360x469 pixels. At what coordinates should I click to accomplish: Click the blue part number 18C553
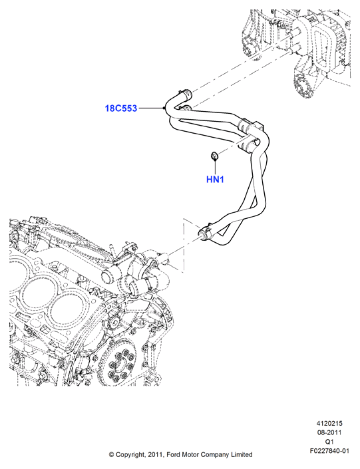tap(121, 108)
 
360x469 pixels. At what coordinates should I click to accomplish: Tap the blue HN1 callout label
tap(215, 180)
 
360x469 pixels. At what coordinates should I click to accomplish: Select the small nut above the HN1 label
tap(214, 156)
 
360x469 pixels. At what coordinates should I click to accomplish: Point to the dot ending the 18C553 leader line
tap(164, 108)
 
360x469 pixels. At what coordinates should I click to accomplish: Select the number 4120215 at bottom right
tap(329, 423)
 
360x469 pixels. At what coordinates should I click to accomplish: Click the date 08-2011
tap(329, 432)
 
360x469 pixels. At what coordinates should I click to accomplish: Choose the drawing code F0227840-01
tap(329, 450)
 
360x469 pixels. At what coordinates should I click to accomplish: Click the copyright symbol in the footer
tap(111, 454)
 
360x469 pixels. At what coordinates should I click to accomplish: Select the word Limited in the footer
tap(242, 454)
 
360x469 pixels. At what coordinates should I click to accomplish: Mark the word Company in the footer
tap(214, 454)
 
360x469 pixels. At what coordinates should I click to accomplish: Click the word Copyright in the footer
tap(131, 454)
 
